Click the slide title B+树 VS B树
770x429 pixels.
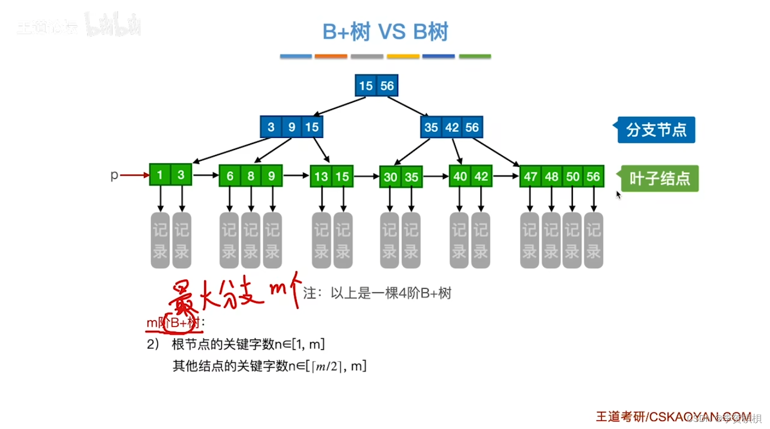click(385, 32)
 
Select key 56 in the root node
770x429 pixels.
click(387, 86)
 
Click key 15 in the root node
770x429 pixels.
click(366, 86)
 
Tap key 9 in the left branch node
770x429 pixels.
click(292, 127)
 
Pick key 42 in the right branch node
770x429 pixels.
click(452, 127)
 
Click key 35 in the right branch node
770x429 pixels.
click(432, 127)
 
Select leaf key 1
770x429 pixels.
click(160, 175)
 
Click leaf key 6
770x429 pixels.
click(230, 176)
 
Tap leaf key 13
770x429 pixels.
click(321, 177)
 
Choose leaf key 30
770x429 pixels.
click(390, 177)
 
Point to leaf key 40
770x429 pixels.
click(460, 177)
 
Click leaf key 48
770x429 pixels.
click(551, 177)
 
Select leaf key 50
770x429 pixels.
click(572, 177)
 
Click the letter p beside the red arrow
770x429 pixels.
click(114, 175)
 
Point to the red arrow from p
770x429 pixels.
click(134, 175)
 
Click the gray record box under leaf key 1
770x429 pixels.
click(160, 240)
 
